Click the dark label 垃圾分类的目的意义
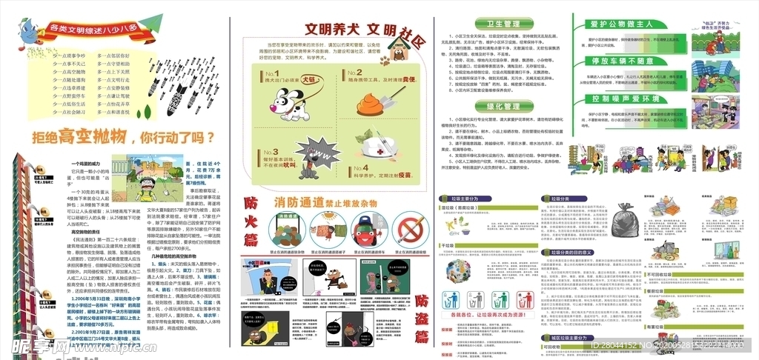569,252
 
